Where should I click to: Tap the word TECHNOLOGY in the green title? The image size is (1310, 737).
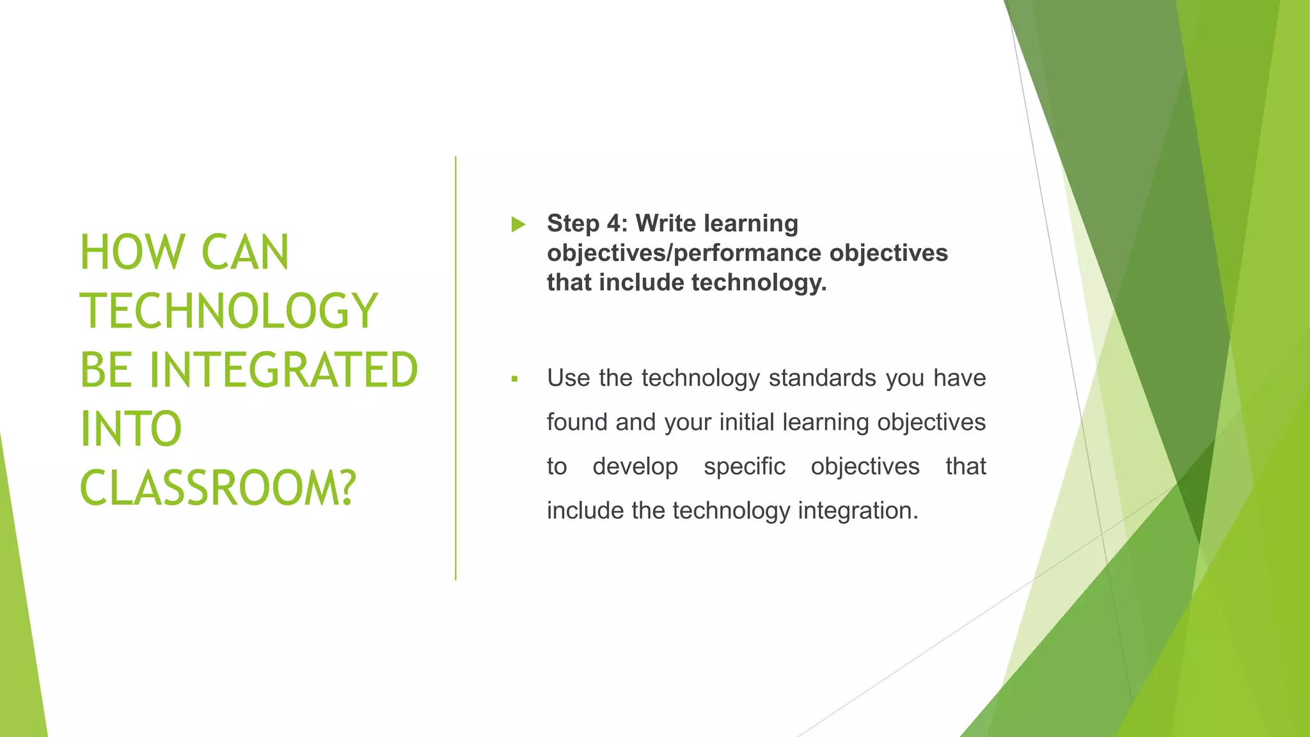point(229,312)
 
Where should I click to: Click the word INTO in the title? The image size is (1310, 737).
point(131,429)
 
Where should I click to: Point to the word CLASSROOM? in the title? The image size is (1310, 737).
point(217,488)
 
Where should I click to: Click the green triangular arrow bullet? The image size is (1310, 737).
point(518,225)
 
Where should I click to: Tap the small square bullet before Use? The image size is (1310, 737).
point(514,379)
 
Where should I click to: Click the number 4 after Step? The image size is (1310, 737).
point(613,223)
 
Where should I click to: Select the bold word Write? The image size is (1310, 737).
point(665,223)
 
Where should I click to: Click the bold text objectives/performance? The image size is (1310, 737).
point(684,253)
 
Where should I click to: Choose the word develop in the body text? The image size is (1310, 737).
point(635,466)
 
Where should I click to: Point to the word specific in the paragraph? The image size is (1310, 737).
point(744,466)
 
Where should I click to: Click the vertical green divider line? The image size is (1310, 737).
point(455,368)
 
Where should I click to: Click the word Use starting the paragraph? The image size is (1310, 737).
point(568,378)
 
